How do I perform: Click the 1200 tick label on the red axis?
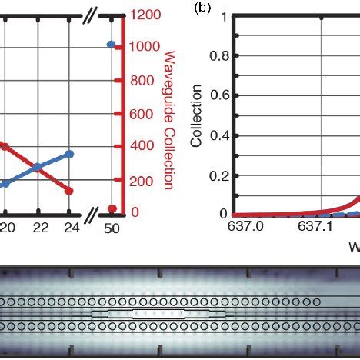[x=145, y=13]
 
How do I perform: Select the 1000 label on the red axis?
[x=145, y=46]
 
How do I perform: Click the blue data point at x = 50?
[x=112, y=45]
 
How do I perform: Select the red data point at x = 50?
[x=112, y=208]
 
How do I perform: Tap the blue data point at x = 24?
[x=70, y=154]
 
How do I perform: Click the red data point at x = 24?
[x=70, y=190]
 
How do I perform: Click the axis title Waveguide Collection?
[x=169, y=119]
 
